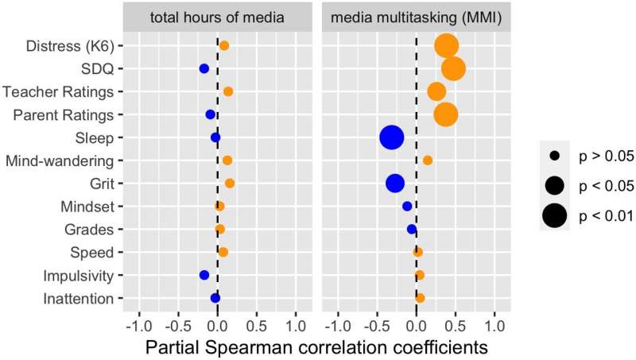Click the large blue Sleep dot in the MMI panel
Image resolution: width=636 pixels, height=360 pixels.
[x=391, y=137]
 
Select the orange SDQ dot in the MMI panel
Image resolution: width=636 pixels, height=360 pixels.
[x=453, y=69]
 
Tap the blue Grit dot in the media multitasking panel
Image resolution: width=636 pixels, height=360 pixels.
[x=395, y=184]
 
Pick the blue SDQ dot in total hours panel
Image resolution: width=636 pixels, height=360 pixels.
[x=204, y=69]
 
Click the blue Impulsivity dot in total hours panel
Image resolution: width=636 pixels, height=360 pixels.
[x=204, y=275]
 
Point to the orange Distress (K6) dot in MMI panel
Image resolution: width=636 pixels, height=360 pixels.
[x=446, y=46]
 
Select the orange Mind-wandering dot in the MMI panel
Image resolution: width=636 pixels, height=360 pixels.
[x=428, y=161]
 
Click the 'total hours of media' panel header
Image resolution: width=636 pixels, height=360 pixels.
[x=217, y=17]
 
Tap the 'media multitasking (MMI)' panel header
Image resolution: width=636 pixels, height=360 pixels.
[x=416, y=17]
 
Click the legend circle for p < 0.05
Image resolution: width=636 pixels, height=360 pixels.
[x=555, y=185]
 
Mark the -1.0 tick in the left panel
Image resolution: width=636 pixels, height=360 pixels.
[x=139, y=326]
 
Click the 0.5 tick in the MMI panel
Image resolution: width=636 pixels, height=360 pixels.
[x=455, y=326]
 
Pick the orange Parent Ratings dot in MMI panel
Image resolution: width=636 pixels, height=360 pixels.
[x=446, y=114]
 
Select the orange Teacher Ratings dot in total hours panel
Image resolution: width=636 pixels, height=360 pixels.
[x=228, y=92]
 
